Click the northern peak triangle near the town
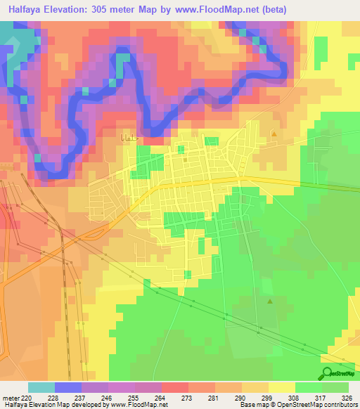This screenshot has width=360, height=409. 274,134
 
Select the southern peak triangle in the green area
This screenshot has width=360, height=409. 270,301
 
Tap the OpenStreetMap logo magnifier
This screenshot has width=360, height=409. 327,373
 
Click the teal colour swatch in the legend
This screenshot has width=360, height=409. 41,387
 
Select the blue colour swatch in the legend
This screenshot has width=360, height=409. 68,387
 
